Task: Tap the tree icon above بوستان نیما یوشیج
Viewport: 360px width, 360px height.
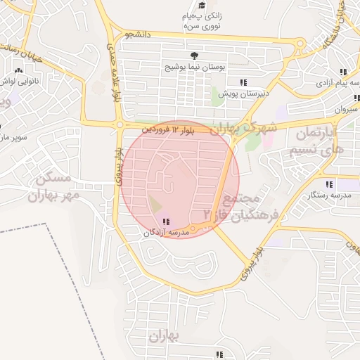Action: (193, 56)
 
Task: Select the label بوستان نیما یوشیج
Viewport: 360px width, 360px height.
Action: (193, 67)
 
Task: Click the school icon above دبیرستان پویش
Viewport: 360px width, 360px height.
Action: (243, 82)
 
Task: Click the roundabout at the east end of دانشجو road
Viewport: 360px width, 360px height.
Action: (300, 44)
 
